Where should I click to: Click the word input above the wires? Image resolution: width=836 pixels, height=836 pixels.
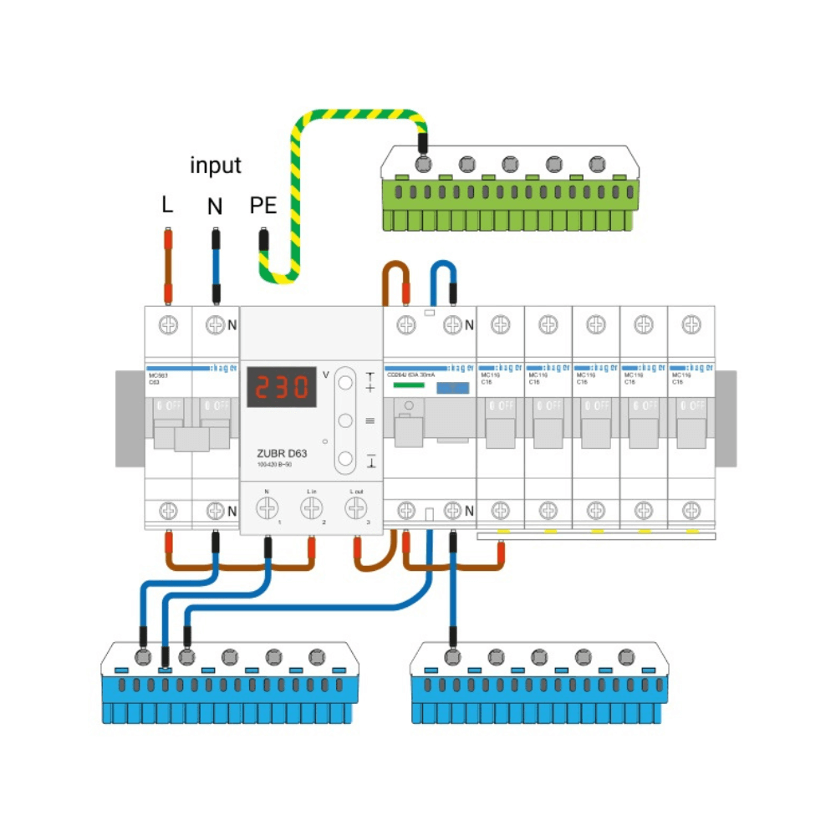(216, 166)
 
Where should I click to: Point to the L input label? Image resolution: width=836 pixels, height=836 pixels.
(167, 205)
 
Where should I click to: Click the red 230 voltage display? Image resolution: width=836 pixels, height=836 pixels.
(280, 387)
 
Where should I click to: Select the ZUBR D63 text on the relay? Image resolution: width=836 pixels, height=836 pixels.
(282, 455)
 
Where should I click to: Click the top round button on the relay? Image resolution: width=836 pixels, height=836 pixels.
(344, 384)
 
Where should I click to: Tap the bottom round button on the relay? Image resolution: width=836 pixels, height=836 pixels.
(344, 457)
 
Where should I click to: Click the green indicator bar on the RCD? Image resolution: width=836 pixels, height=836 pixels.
(410, 387)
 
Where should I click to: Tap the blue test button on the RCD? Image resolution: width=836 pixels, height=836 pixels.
(452, 388)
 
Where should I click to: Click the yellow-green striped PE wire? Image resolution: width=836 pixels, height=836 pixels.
(351, 115)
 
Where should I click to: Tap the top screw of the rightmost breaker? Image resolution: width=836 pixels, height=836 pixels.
(691, 324)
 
